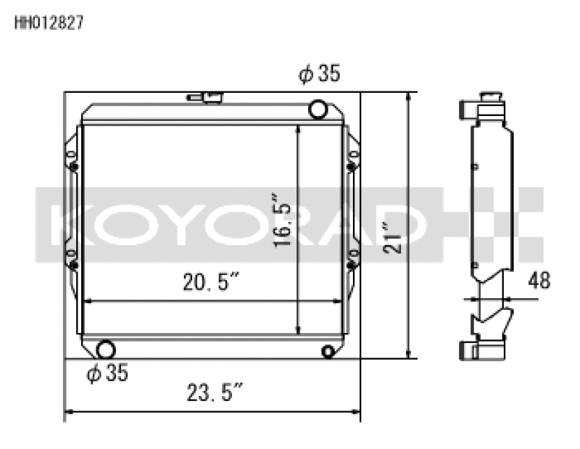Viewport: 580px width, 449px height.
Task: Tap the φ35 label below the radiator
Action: click(107, 374)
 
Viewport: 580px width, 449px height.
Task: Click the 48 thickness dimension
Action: click(539, 279)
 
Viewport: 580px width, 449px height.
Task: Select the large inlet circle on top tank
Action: click(318, 110)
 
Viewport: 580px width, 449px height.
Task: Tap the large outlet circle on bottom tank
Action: click(105, 350)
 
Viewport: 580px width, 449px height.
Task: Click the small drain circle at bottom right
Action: click(328, 352)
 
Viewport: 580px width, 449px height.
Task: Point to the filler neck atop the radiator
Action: click(204, 97)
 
